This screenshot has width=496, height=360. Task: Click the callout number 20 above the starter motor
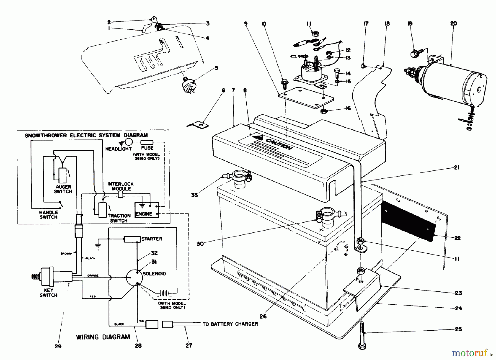click(453, 23)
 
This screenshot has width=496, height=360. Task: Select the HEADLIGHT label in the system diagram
click(118, 149)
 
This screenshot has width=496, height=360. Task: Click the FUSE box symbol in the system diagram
click(147, 142)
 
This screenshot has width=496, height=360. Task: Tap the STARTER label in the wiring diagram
click(152, 239)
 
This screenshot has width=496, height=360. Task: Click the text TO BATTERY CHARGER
click(230, 324)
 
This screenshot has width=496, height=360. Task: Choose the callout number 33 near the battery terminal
click(194, 195)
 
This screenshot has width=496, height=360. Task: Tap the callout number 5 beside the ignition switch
click(216, 68)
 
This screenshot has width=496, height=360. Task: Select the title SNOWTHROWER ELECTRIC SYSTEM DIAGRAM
click(86, 135)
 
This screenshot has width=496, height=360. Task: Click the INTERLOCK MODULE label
click(120, 186)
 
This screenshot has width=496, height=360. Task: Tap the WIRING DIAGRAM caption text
click(103, 337)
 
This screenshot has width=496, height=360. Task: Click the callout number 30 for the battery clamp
click(200, 243)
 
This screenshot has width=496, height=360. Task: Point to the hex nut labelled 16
click(325, 111)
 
